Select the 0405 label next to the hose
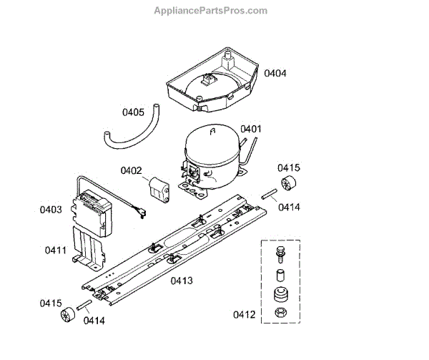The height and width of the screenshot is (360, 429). coord(133,112)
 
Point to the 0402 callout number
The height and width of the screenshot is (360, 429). coord(131,170)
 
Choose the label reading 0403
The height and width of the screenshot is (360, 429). coord(51,210)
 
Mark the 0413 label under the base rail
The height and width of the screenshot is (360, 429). coord(182,280)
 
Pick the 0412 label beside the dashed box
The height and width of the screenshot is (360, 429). coord(244,314)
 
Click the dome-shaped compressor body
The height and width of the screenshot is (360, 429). coord(211,154)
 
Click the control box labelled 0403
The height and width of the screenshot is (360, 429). coord(97,211)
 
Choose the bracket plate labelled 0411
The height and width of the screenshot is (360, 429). coord(87,247)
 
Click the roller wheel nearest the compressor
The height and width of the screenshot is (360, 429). coord(290,183)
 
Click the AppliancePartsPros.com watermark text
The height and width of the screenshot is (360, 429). coord(211,11)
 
